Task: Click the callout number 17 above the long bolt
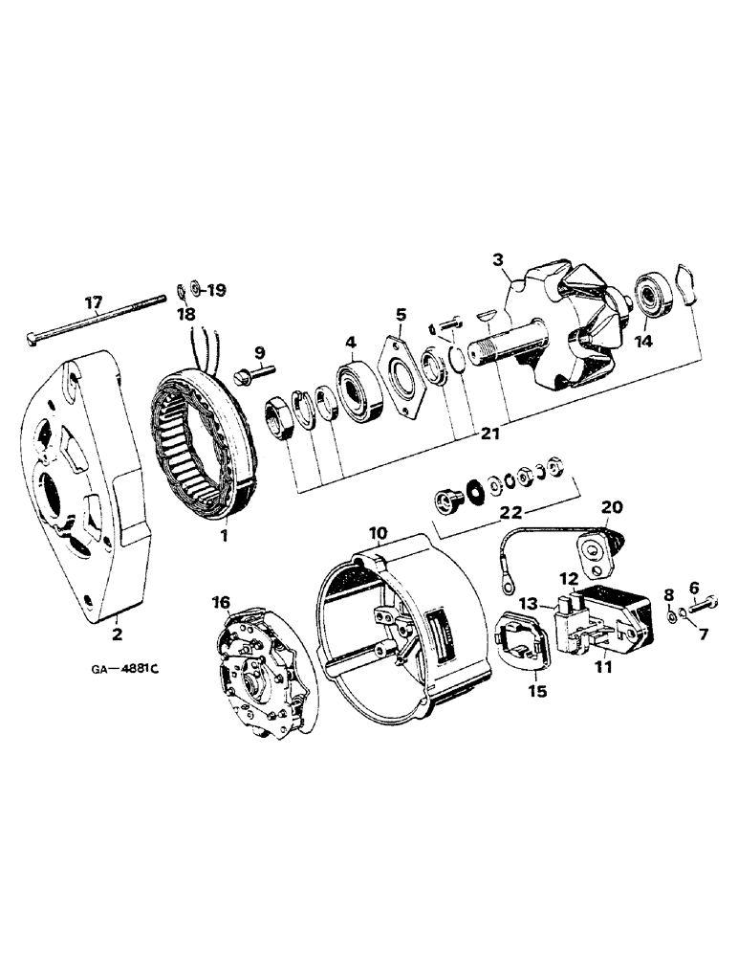pyautogui.click(x=93, y=304)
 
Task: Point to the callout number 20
pyautogui.click(x=612, y=506)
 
